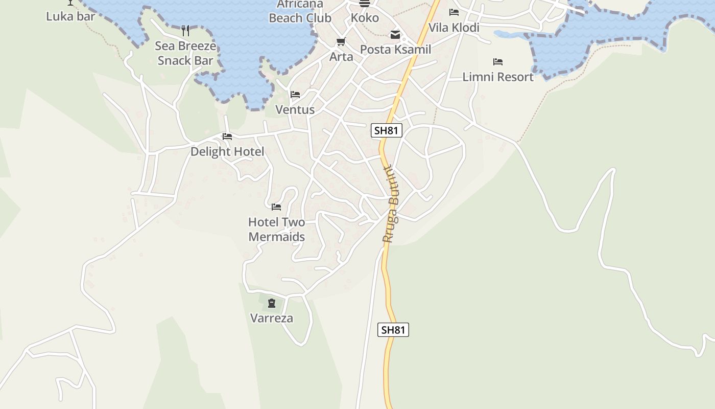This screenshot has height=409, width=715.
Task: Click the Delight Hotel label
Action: pyautogui.click(x=227, y=152)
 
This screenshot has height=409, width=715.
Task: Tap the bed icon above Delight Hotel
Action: pyautogui.click(x=227, y=137)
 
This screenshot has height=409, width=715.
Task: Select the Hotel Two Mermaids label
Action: pyautogui.click(x=276, y=230)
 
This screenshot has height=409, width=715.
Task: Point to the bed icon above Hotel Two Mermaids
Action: pyautogui.click(x=276, y=207)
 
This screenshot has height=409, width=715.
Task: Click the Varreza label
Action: pyautogui.click(x=272, y=319)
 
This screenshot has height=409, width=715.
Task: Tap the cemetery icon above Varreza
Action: pyautogui.click(x=271, y=304)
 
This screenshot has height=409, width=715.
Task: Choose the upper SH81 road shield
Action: pyautogui.click(x=386, y=130)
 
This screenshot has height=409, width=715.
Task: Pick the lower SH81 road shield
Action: pyautogui.click(x=393, y=330)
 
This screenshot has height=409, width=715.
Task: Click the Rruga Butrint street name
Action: pyautogui.click(x=391, y=203)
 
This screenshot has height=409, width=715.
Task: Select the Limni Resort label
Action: pyautogui.click(x=498, y=77)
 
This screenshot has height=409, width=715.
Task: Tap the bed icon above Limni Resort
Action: pyautogui.click(x=498, y=62)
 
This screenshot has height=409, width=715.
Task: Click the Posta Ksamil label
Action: pyautogui.click(x=396, y=50)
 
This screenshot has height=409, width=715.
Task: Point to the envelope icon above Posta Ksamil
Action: pyautogui.click(x=395, y=35)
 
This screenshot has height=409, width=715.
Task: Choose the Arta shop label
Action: pyautogui.click(x=341, y=57)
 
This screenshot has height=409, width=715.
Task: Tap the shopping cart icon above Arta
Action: pyautogui.click(x=341, y=41)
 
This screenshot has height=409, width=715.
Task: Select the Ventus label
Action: pyautogui.click(x=295, y=109)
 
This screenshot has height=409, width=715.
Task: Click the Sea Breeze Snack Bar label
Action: pyautogui.click(x=185, y=53)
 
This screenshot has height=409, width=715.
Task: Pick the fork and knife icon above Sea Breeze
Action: pyautogui.click(x=185, y=31)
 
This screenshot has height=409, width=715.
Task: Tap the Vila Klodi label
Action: pyautogui.click(x=454, y=28)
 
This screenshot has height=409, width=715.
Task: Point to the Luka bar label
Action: pyautogui.click(x=70, y=16)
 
